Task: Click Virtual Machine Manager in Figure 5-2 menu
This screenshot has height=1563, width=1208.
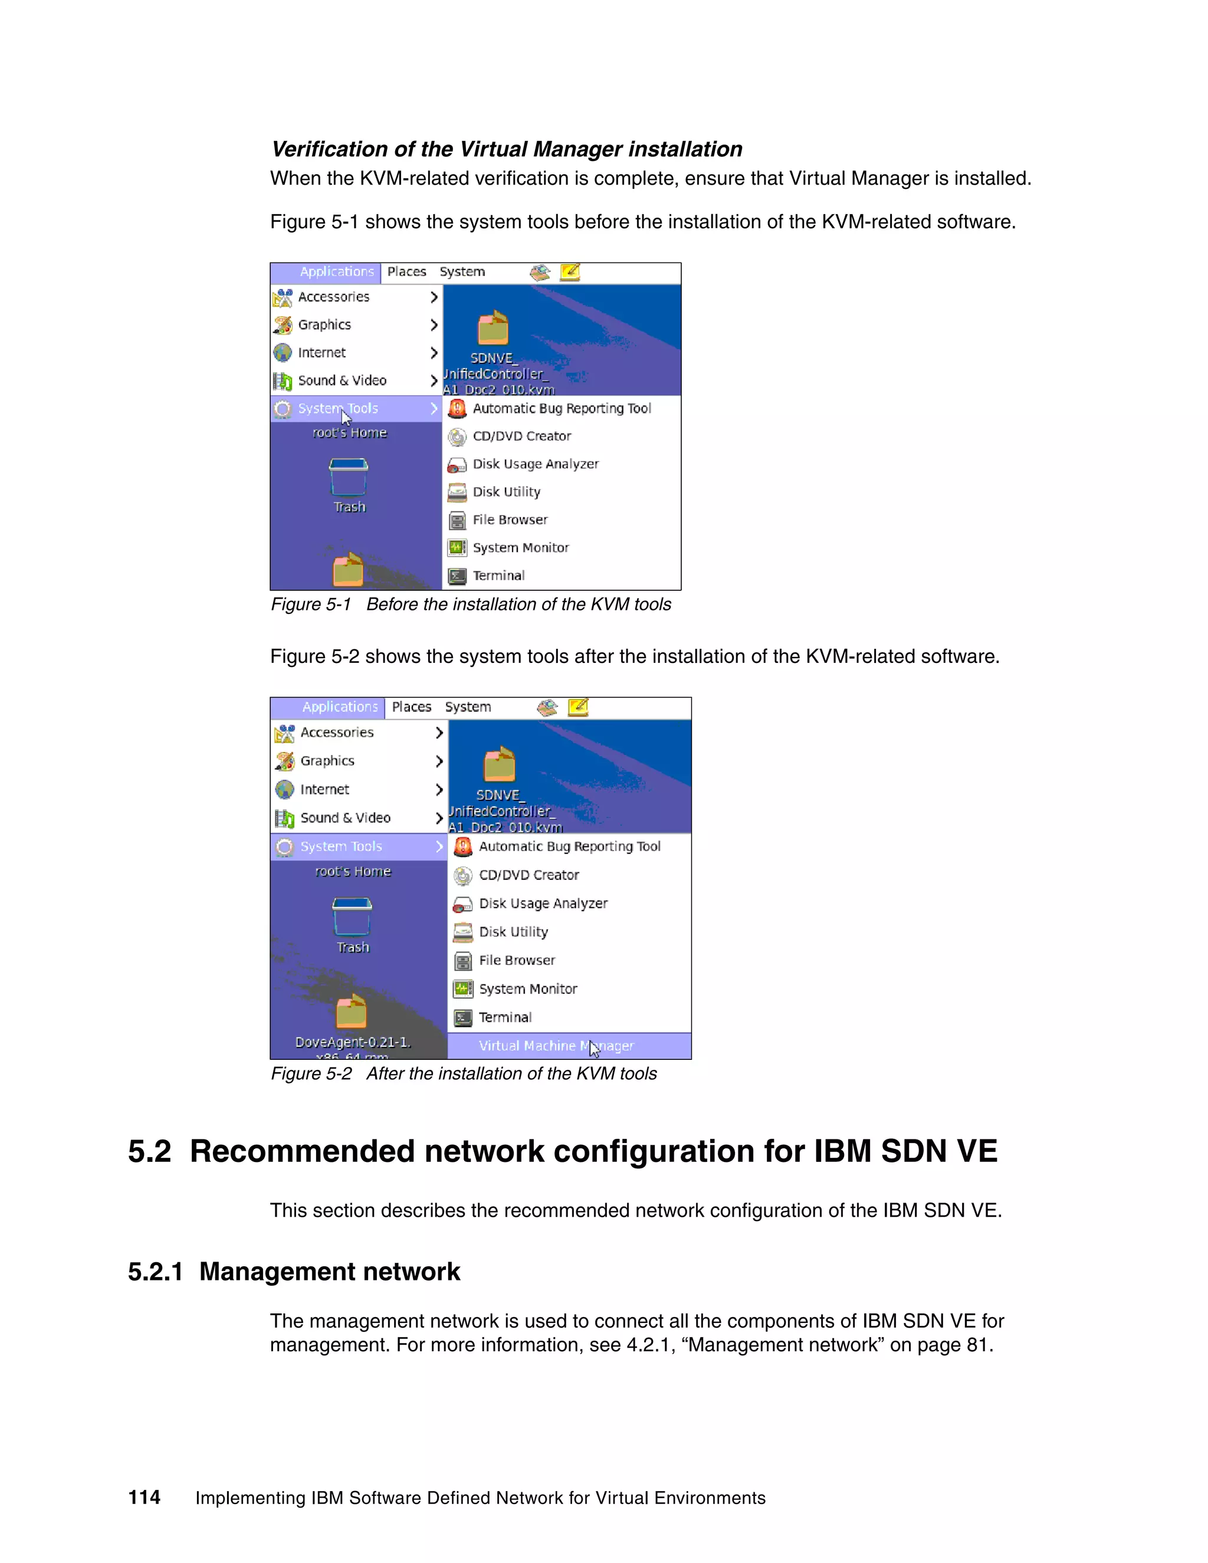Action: pyautogui.click(x=555, y=1046)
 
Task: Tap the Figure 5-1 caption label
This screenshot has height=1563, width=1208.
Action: pyautogui.click(x=311, y=605)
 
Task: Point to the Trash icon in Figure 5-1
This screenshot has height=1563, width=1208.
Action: pyautogui.click(x=349, y=477)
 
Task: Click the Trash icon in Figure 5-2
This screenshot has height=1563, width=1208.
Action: pyautogui.click(x=352, y=918)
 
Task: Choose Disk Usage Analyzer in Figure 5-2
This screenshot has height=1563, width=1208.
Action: pyautogui.click(x=543, y=903)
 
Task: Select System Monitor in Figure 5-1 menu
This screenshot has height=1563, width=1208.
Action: pyautogui.click(x=520, y=547)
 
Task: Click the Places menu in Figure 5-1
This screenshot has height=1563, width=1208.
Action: pyautogui.click(x=406, y=272)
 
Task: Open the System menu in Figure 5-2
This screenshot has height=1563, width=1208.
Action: pyautogui.click(x=467, y=707)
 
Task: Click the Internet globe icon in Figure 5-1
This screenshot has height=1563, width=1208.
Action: pyautogui.click(x=283, y=353)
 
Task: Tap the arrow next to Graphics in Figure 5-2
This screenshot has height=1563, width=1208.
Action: pyautogui.click(x=439, y=761)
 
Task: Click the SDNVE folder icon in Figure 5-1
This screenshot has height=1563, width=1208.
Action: pyautogui.click(x=493, y=329)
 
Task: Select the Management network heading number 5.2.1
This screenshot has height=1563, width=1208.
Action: pyautogui.click(x=155, y=1272)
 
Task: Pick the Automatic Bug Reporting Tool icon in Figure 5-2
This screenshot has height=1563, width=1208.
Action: pyautogui.click(x=463, y=846)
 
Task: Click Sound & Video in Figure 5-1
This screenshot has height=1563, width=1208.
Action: pyautogui.click(x=342, y=381)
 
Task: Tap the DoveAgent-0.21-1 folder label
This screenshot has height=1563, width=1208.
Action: pyautogui.click(x=353, y=1042)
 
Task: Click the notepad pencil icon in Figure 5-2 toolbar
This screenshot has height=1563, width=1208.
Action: pyautogui.click(x=578, y=707)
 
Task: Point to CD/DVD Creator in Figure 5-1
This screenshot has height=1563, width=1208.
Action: pyautogui.click(x=521, y=436)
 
